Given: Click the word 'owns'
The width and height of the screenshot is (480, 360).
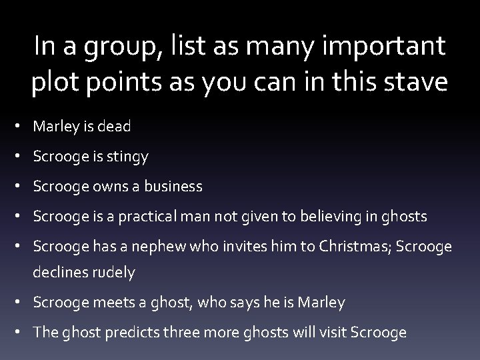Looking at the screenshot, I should click(101, 187).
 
